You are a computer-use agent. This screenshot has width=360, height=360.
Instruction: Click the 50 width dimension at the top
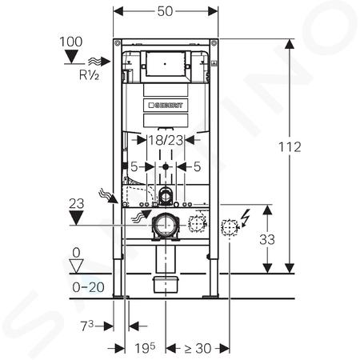click(x=165, y=11)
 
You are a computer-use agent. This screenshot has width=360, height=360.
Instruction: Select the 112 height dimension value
click(x=290, y=147)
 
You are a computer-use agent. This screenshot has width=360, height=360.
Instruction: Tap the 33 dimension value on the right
click(x=267, y=239)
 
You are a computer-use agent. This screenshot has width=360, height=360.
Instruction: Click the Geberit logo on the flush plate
click(x=166, y=105)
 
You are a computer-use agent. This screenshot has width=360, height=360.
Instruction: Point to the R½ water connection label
click(x=89, y=75)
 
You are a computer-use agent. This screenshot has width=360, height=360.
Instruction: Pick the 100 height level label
click(x=71, y=42)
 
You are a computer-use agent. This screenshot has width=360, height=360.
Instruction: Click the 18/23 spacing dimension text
click(x=166, y=140)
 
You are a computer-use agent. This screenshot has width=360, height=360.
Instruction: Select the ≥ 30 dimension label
click(x=198, y=348)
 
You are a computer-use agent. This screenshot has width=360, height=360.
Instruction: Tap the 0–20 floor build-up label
click(x=88, y=287)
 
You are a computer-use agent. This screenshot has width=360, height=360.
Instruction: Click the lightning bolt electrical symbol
click(x=245, y=218)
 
